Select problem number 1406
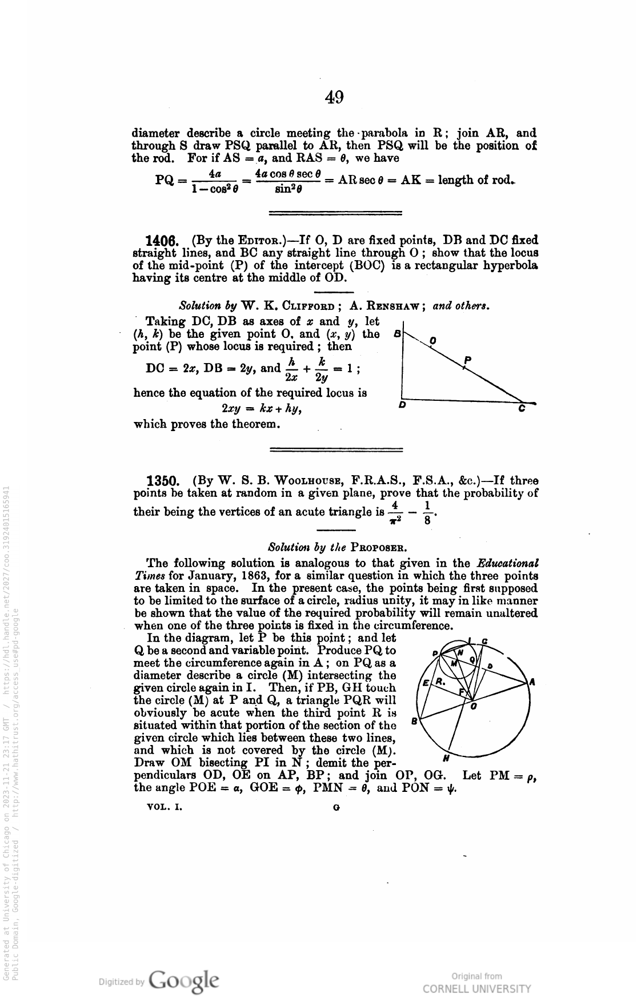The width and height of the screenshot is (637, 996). coord(165,241)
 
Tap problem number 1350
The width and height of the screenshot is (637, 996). coord(165,481)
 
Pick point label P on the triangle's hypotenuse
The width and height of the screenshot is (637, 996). coord(467,360)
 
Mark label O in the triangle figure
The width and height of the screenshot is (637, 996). coord(433,341)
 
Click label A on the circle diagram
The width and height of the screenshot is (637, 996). coord(532,682)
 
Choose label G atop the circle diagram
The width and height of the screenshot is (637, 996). coord(484,641)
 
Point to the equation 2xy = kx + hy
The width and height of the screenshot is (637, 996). coord(261,409)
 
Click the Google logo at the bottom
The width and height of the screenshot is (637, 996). coord(184,979)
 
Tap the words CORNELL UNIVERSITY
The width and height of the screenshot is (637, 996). coord(476,989)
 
